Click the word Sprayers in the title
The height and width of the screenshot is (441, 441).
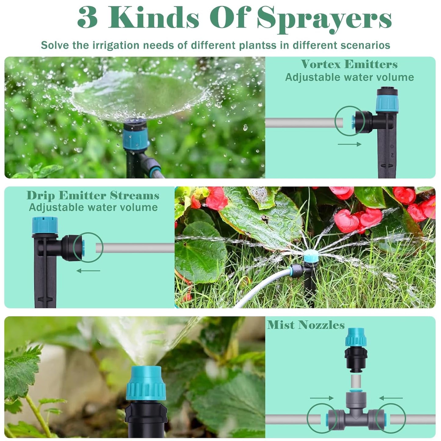click(324, 18)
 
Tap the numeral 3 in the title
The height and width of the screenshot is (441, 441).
click(88, 18)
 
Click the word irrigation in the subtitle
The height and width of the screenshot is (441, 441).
click(116, 45)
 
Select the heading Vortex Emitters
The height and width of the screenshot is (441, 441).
click(349, 64)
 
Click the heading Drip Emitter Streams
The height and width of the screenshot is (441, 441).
click(93, 195)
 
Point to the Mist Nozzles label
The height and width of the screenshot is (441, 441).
click(306, 325)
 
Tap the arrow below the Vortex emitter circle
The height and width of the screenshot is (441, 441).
click(349, 144)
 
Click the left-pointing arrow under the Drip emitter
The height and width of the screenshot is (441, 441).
click(88, 271)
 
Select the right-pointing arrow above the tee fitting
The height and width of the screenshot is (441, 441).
click(322, 398)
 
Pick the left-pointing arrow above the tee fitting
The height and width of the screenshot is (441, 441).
click(391, 398)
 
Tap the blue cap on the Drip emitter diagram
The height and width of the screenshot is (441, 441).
click(45, 225)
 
